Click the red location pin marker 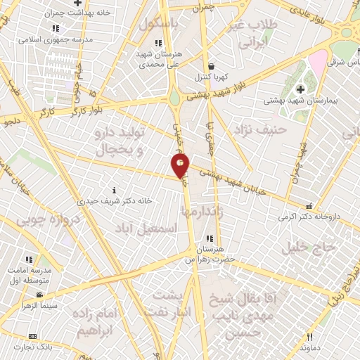(181, 166)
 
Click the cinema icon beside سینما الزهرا (40, 295)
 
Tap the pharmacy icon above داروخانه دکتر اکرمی (309, 206)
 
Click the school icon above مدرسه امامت (30, 259)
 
